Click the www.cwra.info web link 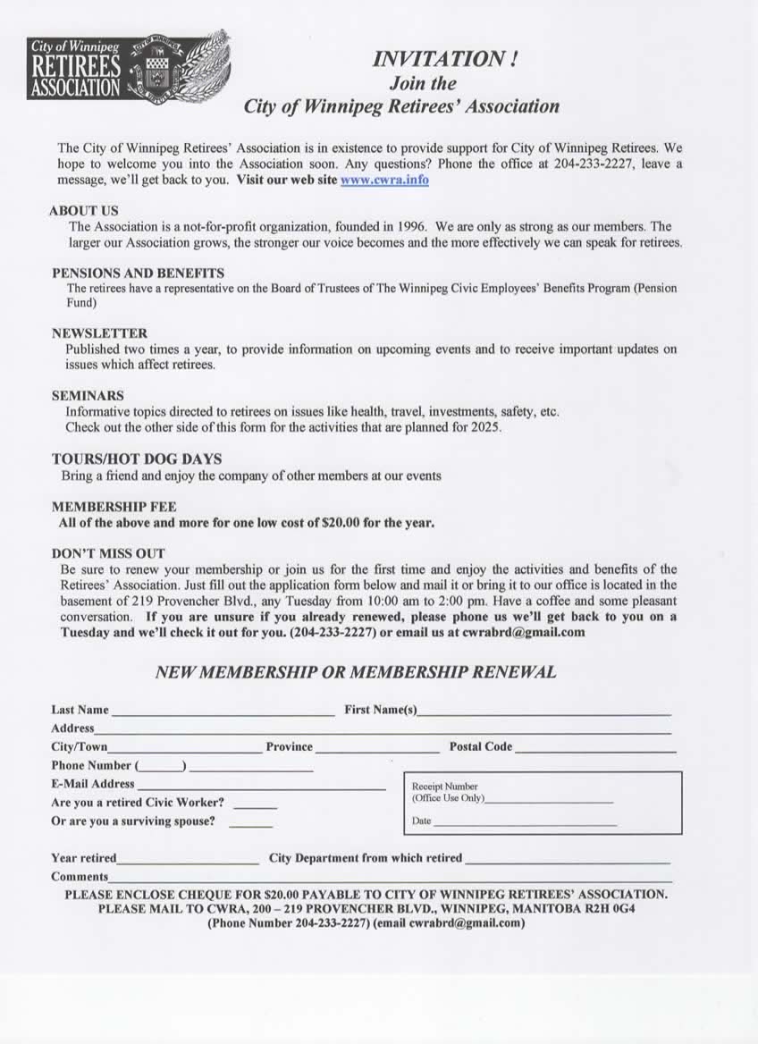point(384,180)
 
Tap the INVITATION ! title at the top point(444,60)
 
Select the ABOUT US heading point(84,211)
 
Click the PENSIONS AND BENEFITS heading point(138,273)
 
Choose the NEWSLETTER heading point(99,333)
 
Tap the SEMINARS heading point(88,395)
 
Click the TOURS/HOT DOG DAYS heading point(137,459)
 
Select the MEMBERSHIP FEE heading point(114,507)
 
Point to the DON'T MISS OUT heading point(108,553)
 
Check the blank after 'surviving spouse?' point(250,825)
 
